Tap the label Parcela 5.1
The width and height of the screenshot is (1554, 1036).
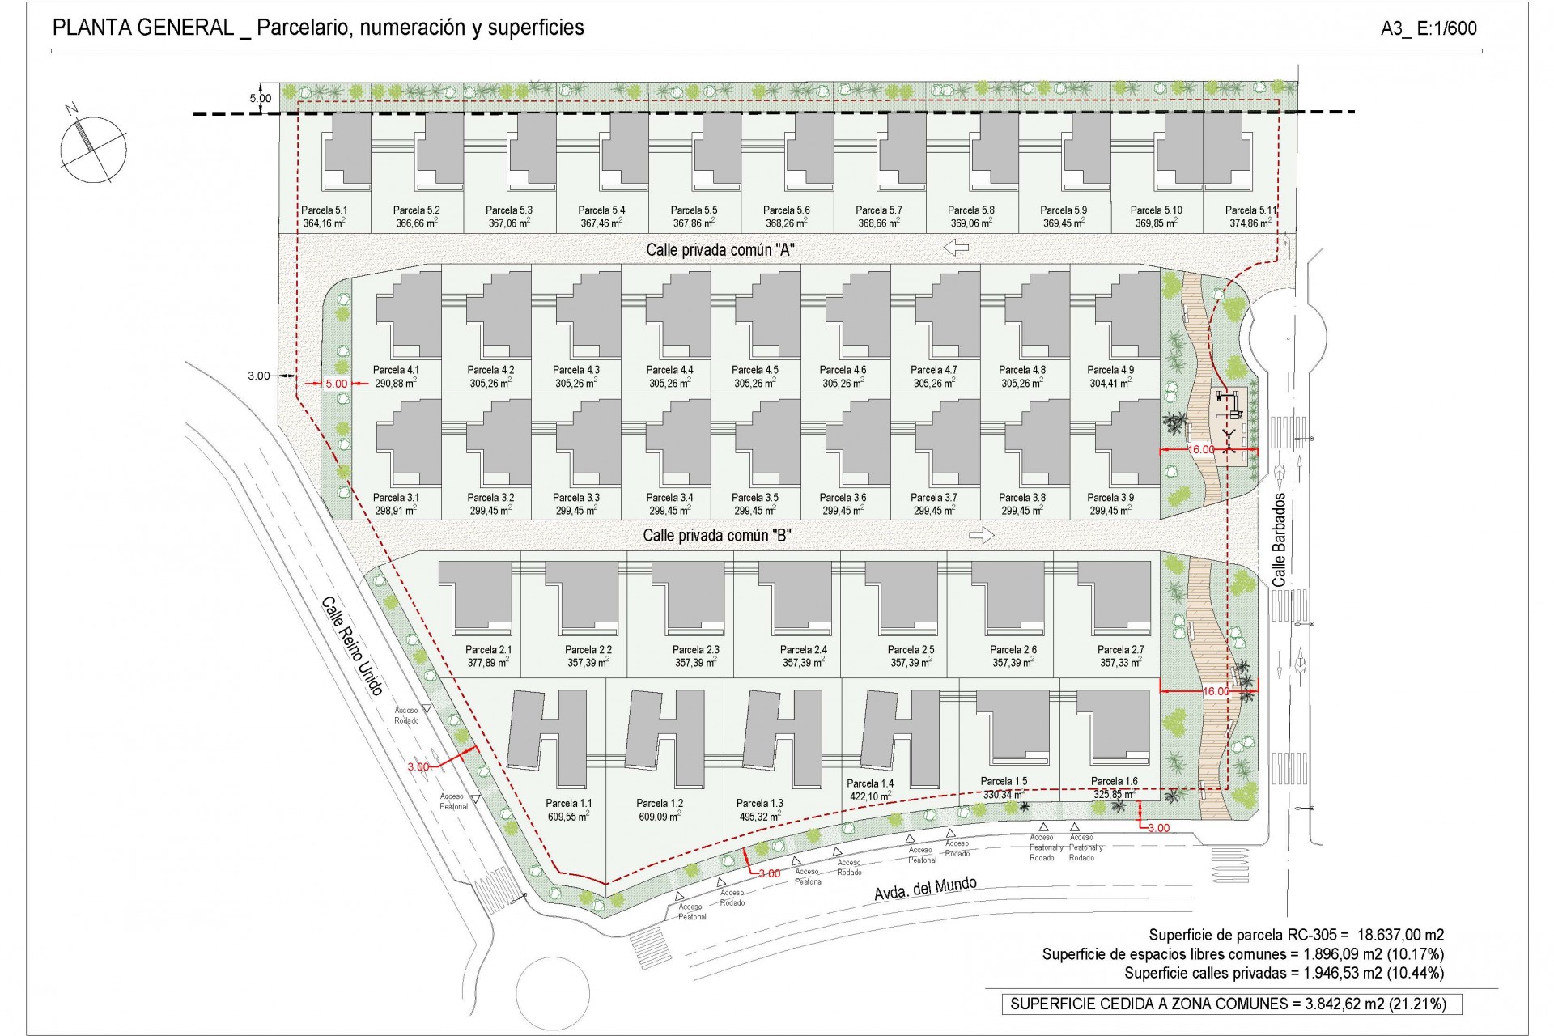pos(324,210)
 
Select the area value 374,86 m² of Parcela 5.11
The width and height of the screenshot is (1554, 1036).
pos(1250,223)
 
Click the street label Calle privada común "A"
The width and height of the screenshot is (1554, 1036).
pos(720,250)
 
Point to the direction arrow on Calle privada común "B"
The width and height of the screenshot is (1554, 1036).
pos(981,535)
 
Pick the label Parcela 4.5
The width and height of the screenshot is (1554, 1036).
pos(754,370)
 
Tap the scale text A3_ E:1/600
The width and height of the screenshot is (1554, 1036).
pos(1429,29)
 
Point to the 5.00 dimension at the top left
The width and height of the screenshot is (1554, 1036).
pos(261,99)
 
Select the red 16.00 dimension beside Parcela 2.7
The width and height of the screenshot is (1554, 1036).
pos(1216,691)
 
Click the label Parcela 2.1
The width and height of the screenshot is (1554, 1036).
pos(488,650)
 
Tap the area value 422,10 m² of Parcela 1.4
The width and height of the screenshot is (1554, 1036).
pos(869,797)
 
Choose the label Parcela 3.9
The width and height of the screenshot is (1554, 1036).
pos(1110,498)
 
